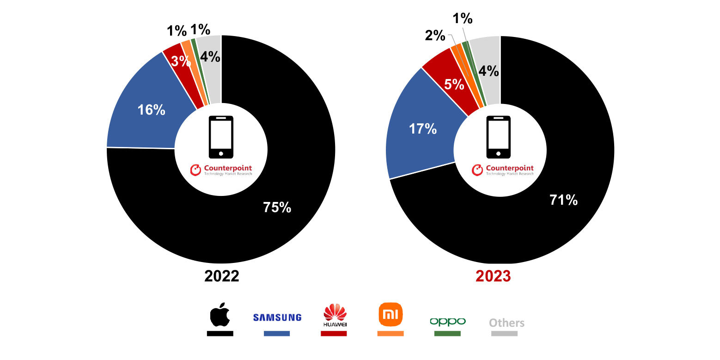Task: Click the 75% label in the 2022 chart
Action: pyautogui.click(x=277, y=207)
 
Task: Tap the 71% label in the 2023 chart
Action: pyautogui.click(x=563, y=200)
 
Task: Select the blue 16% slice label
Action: pyautogui.click(x=151, y=110)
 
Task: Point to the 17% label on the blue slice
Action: pyautogui.click(x=423, y=128)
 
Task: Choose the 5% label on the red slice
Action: pyautogui.click(x=454, y=84)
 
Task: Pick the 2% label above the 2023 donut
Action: pyautogui.click(x=435, y=35)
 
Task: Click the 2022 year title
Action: pyautogui.click(x=222, y=276)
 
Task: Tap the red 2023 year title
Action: pyautogui.click(x=493, y=276)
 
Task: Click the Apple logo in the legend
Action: pyautogui.click(x=220, y=316)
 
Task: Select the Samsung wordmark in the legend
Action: pyautogui.click(x=277, y=317)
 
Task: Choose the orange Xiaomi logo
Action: pyautogui.click(x=391, y=315)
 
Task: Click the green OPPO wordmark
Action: pyautogui.click(x=447, y=321)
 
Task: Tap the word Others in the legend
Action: pyautogui.click(x=507, y=323)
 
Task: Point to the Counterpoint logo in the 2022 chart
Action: pyautogui.click(x=221, y=170)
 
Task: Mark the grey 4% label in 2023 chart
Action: pyautogui.click(x=488, y=71)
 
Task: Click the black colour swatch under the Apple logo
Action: pyautogui.click(x=220, y=333)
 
